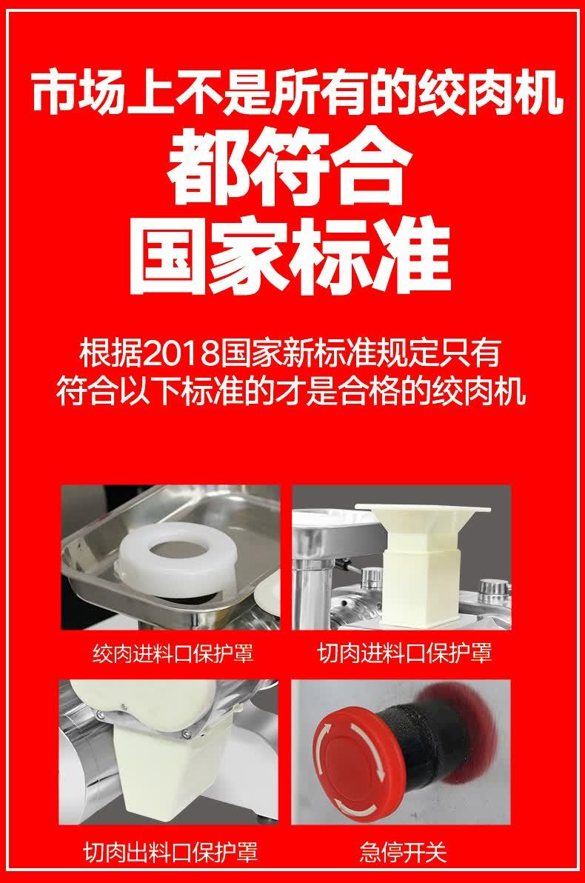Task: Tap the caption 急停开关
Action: point(403,852)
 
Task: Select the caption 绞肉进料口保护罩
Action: point(173,653)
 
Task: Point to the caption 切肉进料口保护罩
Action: point(404,653)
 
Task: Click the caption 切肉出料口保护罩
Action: point(170,852)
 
